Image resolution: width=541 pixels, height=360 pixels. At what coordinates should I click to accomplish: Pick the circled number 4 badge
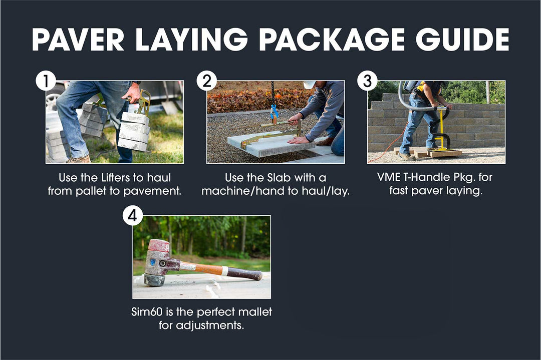click(x=133, y=216)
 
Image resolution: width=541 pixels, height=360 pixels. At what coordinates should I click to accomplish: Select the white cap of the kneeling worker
click(x=309, y=84)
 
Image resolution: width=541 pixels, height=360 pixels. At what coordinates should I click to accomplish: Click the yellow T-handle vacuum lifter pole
click(x=441, y=128)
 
